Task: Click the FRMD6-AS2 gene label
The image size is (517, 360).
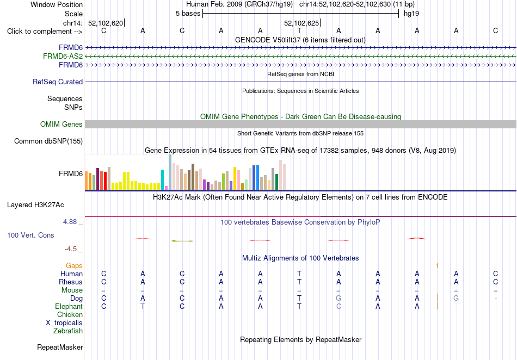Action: pyautogui.click(x=63, y=57)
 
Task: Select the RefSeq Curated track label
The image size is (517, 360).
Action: pyautogui.click(x=58, y=82)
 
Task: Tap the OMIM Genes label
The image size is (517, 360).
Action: pyautogui.click(x=61, y=124)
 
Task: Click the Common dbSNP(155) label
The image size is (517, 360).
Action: pyautogui.click(x=48, y=141)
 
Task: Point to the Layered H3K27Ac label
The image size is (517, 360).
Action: pyautogui.click(x=35, y=205)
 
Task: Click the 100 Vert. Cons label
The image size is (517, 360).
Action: pyautogui.click(x=30, y=235)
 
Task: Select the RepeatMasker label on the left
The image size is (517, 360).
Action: pyautogui.click(x=60, y=347)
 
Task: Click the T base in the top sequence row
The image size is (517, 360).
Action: pyautogui.click(x=299, y=30)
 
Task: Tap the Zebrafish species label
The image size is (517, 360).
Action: pyautogui.click(x=68, y=331)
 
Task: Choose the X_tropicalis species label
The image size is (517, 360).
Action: pyautogui.click(x=64, y=323)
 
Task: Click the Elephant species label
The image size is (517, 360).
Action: pyautogui.click(x=69, y=306)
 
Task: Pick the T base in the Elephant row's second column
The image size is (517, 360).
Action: pyautogui.click(x=143, y=306)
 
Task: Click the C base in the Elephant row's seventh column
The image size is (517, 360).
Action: pyautogui.click(x=338, y=306)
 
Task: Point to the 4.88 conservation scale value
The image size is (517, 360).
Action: pyautogui.click(x=70, y=222)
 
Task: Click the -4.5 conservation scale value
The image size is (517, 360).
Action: pyautogui.click(x=71, y=249)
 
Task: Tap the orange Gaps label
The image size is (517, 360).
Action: pyautogui.click(x=74, y=265)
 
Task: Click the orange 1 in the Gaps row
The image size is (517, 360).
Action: pyautogui.click(x=437, y=265)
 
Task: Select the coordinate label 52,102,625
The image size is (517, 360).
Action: pyautogui.click(x=301, y=23)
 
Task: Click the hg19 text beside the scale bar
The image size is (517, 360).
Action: pyautogui.click(x=411, y=14)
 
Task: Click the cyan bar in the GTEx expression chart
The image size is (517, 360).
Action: pyautogui.click(x=162, y=179)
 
